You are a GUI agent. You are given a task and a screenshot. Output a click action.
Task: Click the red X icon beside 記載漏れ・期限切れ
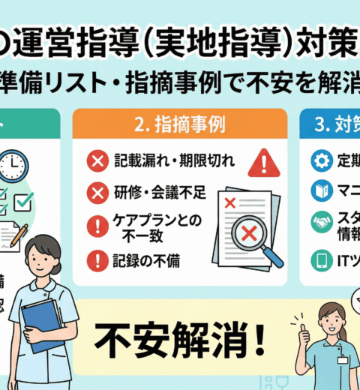[97, 160]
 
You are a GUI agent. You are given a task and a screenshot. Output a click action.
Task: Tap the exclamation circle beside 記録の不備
[97, 261]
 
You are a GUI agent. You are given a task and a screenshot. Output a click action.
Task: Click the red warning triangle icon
[263, 162]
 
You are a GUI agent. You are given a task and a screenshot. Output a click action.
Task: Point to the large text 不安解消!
[179, 341]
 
